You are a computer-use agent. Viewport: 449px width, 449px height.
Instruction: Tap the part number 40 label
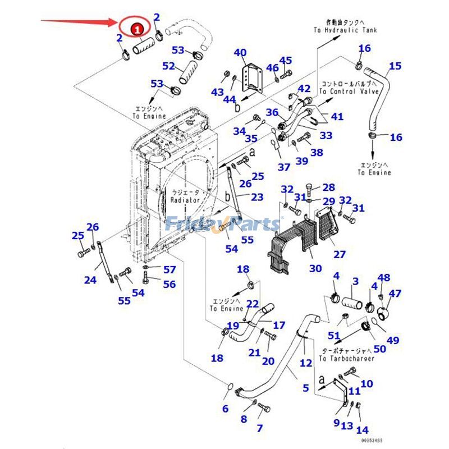click(240, 53)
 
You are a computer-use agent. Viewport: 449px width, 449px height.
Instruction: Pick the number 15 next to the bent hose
click(395, 66)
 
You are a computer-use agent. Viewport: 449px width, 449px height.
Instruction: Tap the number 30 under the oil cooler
click(315, 268)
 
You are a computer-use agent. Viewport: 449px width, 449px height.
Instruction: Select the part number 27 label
click(340, 254)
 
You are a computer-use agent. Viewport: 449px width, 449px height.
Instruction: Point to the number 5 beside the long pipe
click(305, 387)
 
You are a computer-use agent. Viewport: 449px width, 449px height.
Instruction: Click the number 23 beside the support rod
click(257, 197)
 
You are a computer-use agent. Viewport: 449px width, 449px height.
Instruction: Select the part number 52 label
click(169, 66)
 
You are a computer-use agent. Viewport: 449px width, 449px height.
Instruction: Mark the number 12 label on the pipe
click(305, 363)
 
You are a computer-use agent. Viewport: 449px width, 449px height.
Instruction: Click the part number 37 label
click(284, 167)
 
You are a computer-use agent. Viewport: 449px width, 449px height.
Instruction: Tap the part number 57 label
click(169, 269)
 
